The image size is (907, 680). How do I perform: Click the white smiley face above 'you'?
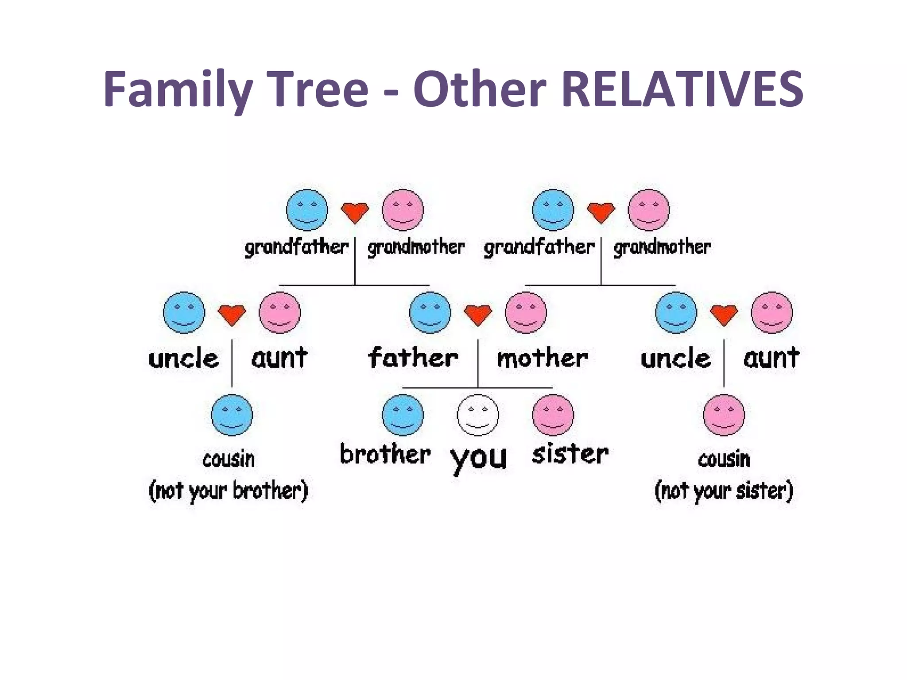point(478,415)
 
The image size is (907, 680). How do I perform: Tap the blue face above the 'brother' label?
point(403,415)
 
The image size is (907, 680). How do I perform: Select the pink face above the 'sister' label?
point(553,415)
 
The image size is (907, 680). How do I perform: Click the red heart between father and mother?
point(478,315)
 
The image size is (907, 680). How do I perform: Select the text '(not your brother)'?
point(228,491)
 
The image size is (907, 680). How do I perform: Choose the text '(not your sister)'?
point(724,491)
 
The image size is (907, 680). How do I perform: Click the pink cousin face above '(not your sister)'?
point(724,415)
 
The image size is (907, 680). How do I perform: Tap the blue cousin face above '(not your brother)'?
point(232,415)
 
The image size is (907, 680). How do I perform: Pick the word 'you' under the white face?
point(478,458)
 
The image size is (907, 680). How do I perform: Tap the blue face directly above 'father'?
point(430,312)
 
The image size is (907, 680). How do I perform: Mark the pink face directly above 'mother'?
point(526,312)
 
